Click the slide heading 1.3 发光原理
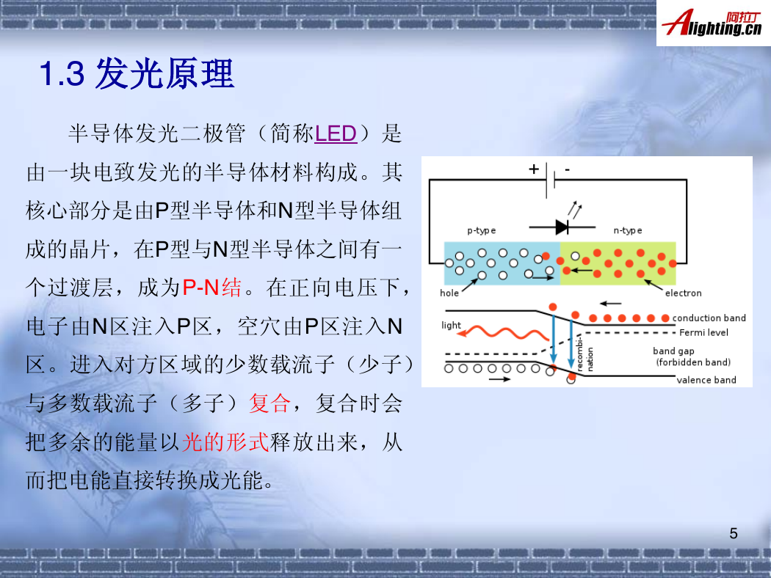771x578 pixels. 136,73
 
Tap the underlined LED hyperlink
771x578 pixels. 336,133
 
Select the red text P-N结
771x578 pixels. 212,288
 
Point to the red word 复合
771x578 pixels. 270,403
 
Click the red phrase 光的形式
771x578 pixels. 225,442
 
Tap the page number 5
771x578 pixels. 733,533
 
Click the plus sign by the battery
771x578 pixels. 534,169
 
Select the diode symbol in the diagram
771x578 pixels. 562,227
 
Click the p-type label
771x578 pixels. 481,230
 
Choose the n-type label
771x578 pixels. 627,230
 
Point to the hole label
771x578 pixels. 449,293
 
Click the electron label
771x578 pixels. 683,293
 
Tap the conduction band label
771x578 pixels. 709,318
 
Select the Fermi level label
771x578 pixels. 703,332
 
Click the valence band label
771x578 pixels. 706,380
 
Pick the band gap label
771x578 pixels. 673,351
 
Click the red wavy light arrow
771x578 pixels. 502,333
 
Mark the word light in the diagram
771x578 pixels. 451,325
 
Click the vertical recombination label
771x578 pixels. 584,353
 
